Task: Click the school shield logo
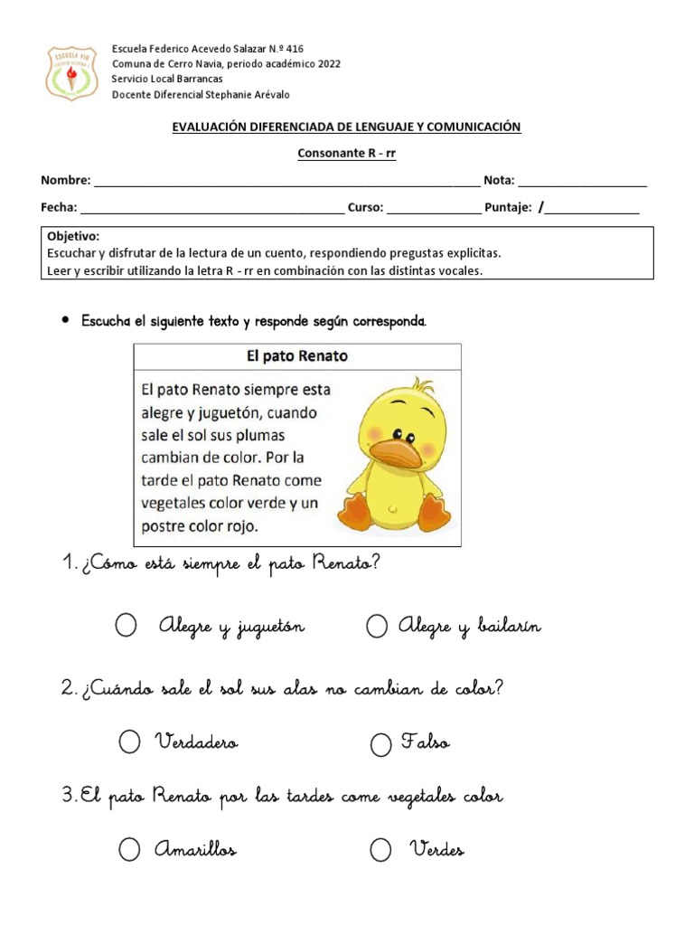[72, 72]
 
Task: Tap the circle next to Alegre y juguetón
[127, 626]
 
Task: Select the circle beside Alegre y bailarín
[377, 626]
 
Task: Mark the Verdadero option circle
[130, 742]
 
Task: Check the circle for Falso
[381, 744]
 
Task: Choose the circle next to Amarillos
[129, 849]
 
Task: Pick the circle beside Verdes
[380, 849]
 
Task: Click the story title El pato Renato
[297, 356]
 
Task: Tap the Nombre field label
[65, 181]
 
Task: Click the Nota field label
[498, 181]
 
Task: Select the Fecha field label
[59, 207]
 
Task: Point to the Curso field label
[366, 207]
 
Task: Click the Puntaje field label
[508, 207]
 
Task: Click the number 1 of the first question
[68, 564]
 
